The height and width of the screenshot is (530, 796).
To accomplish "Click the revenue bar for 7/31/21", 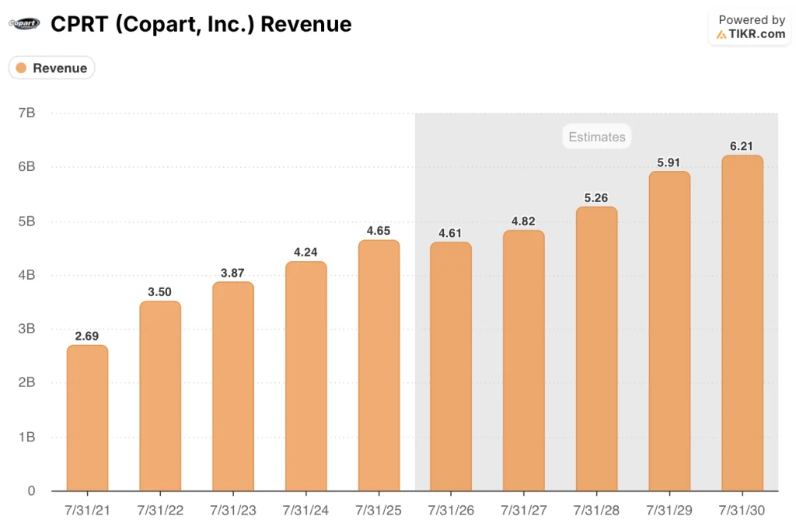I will point(87,418).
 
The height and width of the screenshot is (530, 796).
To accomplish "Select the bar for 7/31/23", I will point(233,386).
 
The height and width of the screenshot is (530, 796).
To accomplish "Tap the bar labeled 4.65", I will point(379,365).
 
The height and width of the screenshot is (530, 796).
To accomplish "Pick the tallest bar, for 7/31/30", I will point(742,323).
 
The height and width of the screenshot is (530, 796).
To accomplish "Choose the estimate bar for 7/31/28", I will point(596,349).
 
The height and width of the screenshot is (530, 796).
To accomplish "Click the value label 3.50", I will point(160,292).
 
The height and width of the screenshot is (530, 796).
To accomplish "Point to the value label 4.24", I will point(306,252).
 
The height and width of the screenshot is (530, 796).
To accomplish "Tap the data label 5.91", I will point(669,162).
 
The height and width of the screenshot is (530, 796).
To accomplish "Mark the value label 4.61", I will point(451,233).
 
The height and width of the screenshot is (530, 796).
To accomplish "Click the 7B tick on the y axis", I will point(26,113).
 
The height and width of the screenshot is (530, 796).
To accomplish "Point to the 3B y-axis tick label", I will point(26,329).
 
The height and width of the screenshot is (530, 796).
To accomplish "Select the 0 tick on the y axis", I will point(30,491).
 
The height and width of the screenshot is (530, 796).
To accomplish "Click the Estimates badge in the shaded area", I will point(596,138).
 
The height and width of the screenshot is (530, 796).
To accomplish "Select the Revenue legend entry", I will point(51,68).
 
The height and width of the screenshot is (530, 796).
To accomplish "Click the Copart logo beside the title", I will point(23,24).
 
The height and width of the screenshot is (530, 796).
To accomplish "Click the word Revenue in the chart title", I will point(305,24).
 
